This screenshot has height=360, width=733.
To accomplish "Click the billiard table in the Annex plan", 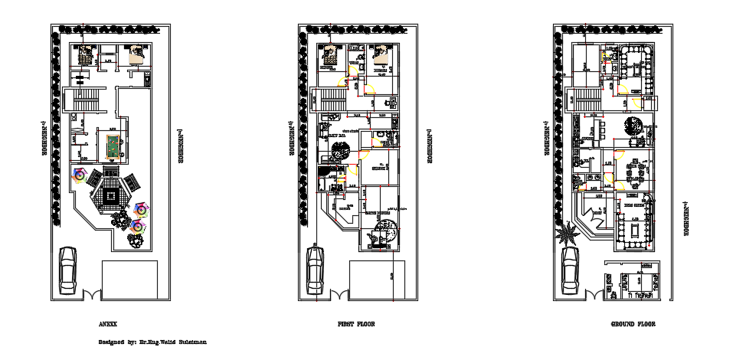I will pos(112,143).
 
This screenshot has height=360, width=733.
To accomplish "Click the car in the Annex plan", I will pos(68,270).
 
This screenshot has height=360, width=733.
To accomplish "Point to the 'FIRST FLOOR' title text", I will pos(356,324).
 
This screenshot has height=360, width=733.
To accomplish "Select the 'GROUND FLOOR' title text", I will pos(633,324).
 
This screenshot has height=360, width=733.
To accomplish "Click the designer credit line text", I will pos(152,342).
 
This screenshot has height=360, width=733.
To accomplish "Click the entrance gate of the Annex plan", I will pos(91,295).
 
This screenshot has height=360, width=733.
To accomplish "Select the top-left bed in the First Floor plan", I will pos(332,56).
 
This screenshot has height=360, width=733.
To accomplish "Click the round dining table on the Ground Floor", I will pos(634,126).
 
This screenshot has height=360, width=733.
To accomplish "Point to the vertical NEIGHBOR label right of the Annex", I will pos(182,146).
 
